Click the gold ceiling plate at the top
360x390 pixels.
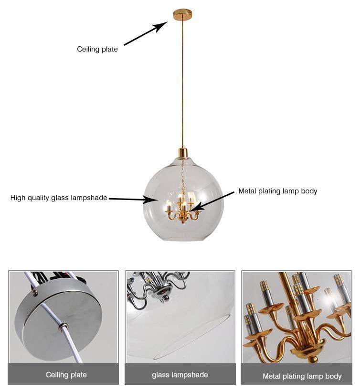click(182, 14)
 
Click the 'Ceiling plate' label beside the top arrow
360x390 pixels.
click(97, 49)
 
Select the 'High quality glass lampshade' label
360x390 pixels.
click(59, 198)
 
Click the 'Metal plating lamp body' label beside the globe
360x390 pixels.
click(278, 191)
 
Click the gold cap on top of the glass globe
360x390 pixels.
click(182, 153)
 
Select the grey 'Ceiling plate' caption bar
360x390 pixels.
click(64, 374)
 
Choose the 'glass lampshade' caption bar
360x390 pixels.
click(180, 375)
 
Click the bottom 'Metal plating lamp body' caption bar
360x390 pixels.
click(302, 376)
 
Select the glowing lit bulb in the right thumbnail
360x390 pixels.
click(329, 301)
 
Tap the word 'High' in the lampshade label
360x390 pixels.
click(19, 198)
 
